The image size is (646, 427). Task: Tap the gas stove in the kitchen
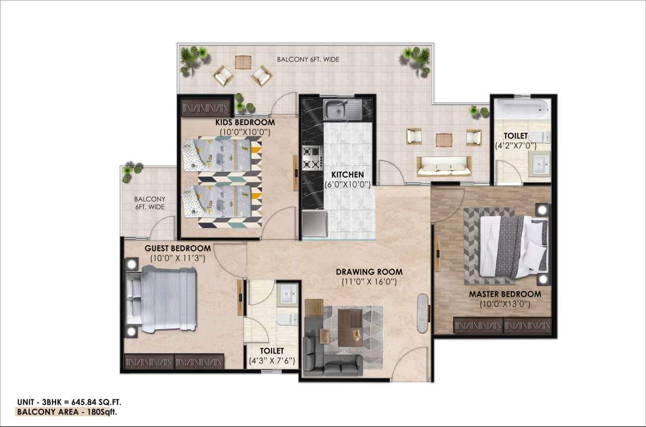(x=312, y=158)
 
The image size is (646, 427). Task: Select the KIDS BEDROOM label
(x=245, y=122)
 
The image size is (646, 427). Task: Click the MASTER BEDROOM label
(x=505, y=294)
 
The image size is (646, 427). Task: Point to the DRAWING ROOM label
(x=369, y=272)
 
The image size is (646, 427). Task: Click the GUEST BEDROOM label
(x=178, y=248)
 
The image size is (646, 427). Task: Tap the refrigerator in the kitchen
(x=314, y=224)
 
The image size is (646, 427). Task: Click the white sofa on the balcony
(x=444, y=166)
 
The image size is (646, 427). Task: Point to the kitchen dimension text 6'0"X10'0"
(x=347, y=184)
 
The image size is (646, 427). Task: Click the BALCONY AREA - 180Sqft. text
(x=67, y=412)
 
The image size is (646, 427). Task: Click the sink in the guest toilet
(x=288, y=294)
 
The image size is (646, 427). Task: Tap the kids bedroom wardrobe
(x=206, y=107)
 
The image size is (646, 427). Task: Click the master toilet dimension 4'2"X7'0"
(x=515, y=146)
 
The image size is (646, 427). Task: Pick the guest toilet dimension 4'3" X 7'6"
(x=272, y=361)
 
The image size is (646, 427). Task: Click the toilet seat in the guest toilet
(x=287, y=320)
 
